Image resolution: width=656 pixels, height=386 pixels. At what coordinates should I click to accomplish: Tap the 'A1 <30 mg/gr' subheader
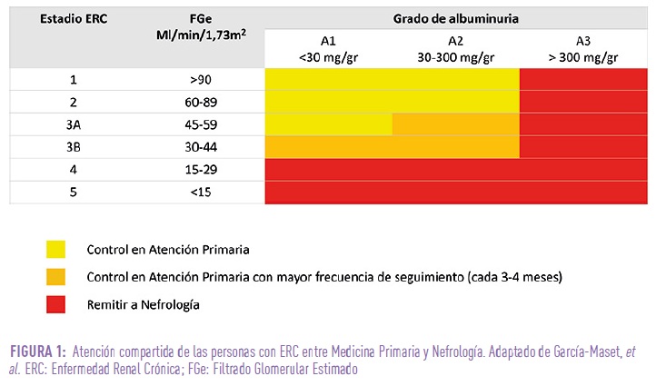pyautogui.click(x=328, y=49)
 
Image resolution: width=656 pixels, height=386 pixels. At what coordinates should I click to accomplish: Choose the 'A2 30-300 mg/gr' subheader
pyautogui.click(x=455, y=49)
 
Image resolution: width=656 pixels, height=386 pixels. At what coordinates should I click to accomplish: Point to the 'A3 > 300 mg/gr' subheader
pyautogui.click(x=583, y=49)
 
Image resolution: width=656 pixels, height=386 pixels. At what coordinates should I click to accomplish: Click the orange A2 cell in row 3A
pyautogui.click(x=455, y=124)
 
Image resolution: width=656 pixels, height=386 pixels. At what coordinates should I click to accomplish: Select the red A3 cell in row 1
pyautogui.click(x=583, y=79)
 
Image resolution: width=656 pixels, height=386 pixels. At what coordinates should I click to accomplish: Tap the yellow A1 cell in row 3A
pyautogui.click(x=328, y=124)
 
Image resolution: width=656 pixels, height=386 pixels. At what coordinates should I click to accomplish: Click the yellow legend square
pyautogui.click(x=56, y=249)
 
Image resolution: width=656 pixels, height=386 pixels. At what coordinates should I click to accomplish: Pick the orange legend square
pyautogui.click(x=56, y=277)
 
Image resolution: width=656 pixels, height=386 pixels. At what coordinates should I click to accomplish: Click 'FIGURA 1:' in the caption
pyautogui.click(x=37, y=352)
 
